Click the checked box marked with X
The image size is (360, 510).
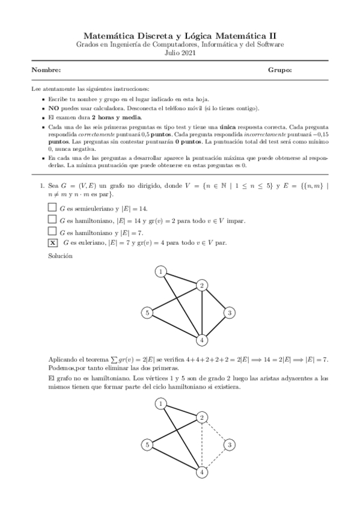(52, 242)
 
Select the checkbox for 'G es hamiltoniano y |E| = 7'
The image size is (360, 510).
(52, 231)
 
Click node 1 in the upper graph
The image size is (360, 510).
(161, 272)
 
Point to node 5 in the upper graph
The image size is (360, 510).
(147, 312)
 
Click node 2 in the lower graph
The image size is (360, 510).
(203, 417)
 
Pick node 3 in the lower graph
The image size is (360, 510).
(229, 445)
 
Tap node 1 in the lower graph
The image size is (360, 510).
(161, 405)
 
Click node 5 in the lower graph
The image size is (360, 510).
(147, 445)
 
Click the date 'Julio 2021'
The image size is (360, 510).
(180, 53)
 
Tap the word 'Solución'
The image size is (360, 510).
(60, 256)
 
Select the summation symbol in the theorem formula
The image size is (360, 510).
(115, 359)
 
